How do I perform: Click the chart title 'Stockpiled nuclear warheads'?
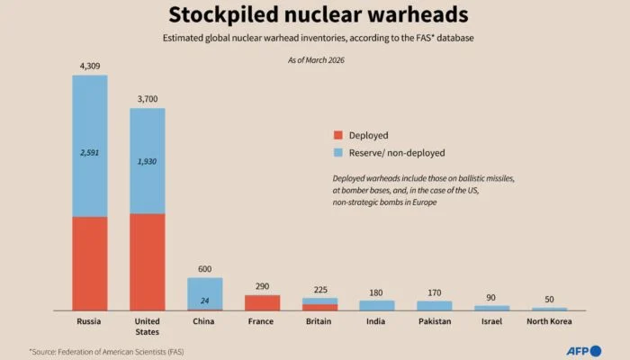[315, 15]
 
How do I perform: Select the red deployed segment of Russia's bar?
[90, 263]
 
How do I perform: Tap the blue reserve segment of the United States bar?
[148, 160]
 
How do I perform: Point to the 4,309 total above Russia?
[90, 66]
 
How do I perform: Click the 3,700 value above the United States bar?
[148, 99]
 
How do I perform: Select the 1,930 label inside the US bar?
[148, 161]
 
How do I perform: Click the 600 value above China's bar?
[204, 268]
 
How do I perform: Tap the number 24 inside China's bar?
[204, 300]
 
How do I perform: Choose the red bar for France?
[262, 302]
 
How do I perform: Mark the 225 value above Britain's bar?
[319, 289]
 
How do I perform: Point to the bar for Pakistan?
[435, 305]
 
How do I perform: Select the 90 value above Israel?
[492, 297]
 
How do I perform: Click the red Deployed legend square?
[338, 135]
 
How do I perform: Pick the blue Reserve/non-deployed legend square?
[338, 153]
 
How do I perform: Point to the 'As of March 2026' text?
[315, 60]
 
